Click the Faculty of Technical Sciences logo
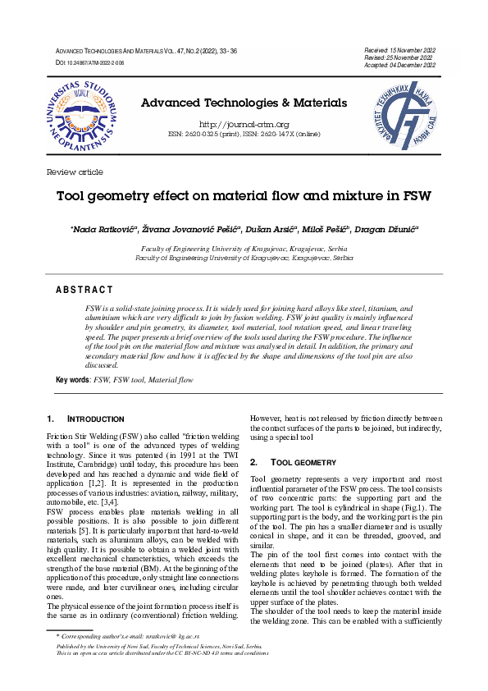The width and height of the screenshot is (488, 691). point(408,116)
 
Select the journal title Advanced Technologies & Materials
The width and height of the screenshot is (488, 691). point(244,103)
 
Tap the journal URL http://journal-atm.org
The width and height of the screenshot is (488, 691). point(244,124)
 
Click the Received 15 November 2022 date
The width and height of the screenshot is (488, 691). point(399,51)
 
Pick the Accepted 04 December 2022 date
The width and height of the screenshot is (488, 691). point(399,65)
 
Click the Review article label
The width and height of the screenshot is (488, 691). point(75,172)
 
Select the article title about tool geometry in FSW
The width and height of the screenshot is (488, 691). point(244,197)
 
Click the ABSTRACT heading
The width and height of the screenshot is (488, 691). point(84,290)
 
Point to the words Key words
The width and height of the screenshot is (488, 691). point(72,380)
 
